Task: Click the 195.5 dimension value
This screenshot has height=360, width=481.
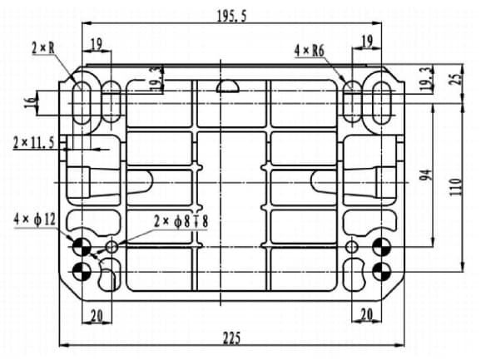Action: pos(231,17)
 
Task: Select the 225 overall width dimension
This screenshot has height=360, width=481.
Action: pos(231,338)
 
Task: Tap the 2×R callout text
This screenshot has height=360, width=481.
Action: pos(43,48)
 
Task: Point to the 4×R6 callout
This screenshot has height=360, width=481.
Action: pos(310,51)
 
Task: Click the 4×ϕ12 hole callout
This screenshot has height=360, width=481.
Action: pos(35,219)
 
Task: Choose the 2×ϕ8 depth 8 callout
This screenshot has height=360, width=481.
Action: pos(181,221)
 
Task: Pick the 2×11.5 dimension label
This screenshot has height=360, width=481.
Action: pos(34,143)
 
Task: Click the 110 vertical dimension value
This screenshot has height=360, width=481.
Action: pos(456,187)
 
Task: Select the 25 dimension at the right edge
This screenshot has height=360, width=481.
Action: pos(457,79)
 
